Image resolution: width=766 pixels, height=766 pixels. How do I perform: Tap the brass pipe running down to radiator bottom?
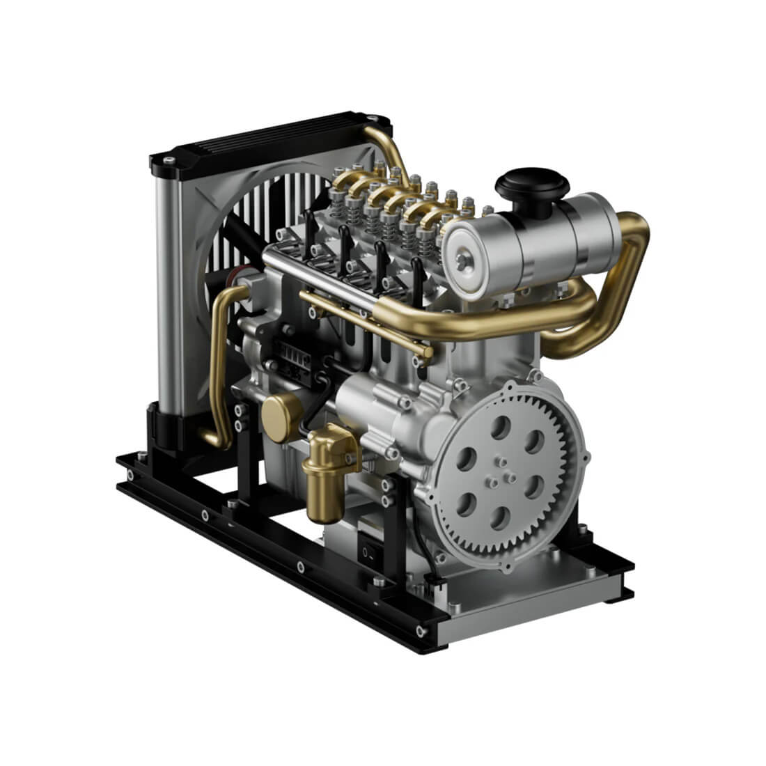point(221,362)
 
